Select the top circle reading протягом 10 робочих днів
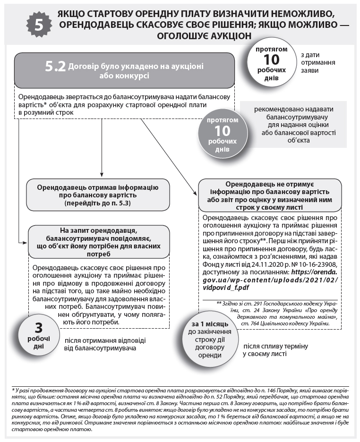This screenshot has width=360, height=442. pos(271,64)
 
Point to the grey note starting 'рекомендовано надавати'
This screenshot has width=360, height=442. pos(298,125)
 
